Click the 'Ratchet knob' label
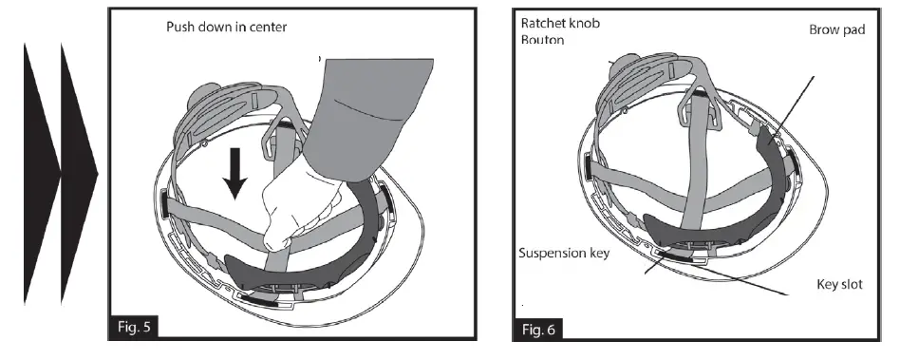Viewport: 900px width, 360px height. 560,22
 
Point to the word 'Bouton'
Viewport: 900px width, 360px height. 542,41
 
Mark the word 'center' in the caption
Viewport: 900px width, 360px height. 267,27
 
